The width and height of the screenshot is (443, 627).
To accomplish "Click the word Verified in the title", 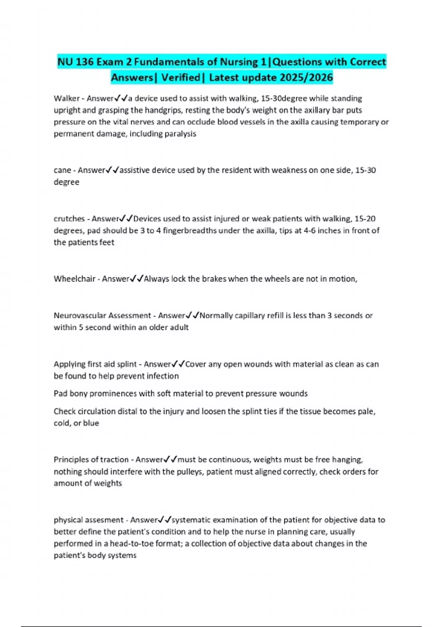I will tap(181, 77).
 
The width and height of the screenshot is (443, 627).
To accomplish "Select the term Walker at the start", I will tap(66, 98).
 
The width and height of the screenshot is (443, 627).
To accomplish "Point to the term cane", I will tap(62, 170).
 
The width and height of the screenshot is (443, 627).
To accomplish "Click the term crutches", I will tap(69, 219).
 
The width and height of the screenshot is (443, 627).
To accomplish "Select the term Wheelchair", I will tap(75, 279).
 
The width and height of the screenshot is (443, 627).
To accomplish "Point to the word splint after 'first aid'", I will tap(127, 364).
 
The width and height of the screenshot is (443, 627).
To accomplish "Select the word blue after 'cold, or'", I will tap(91, 423).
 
